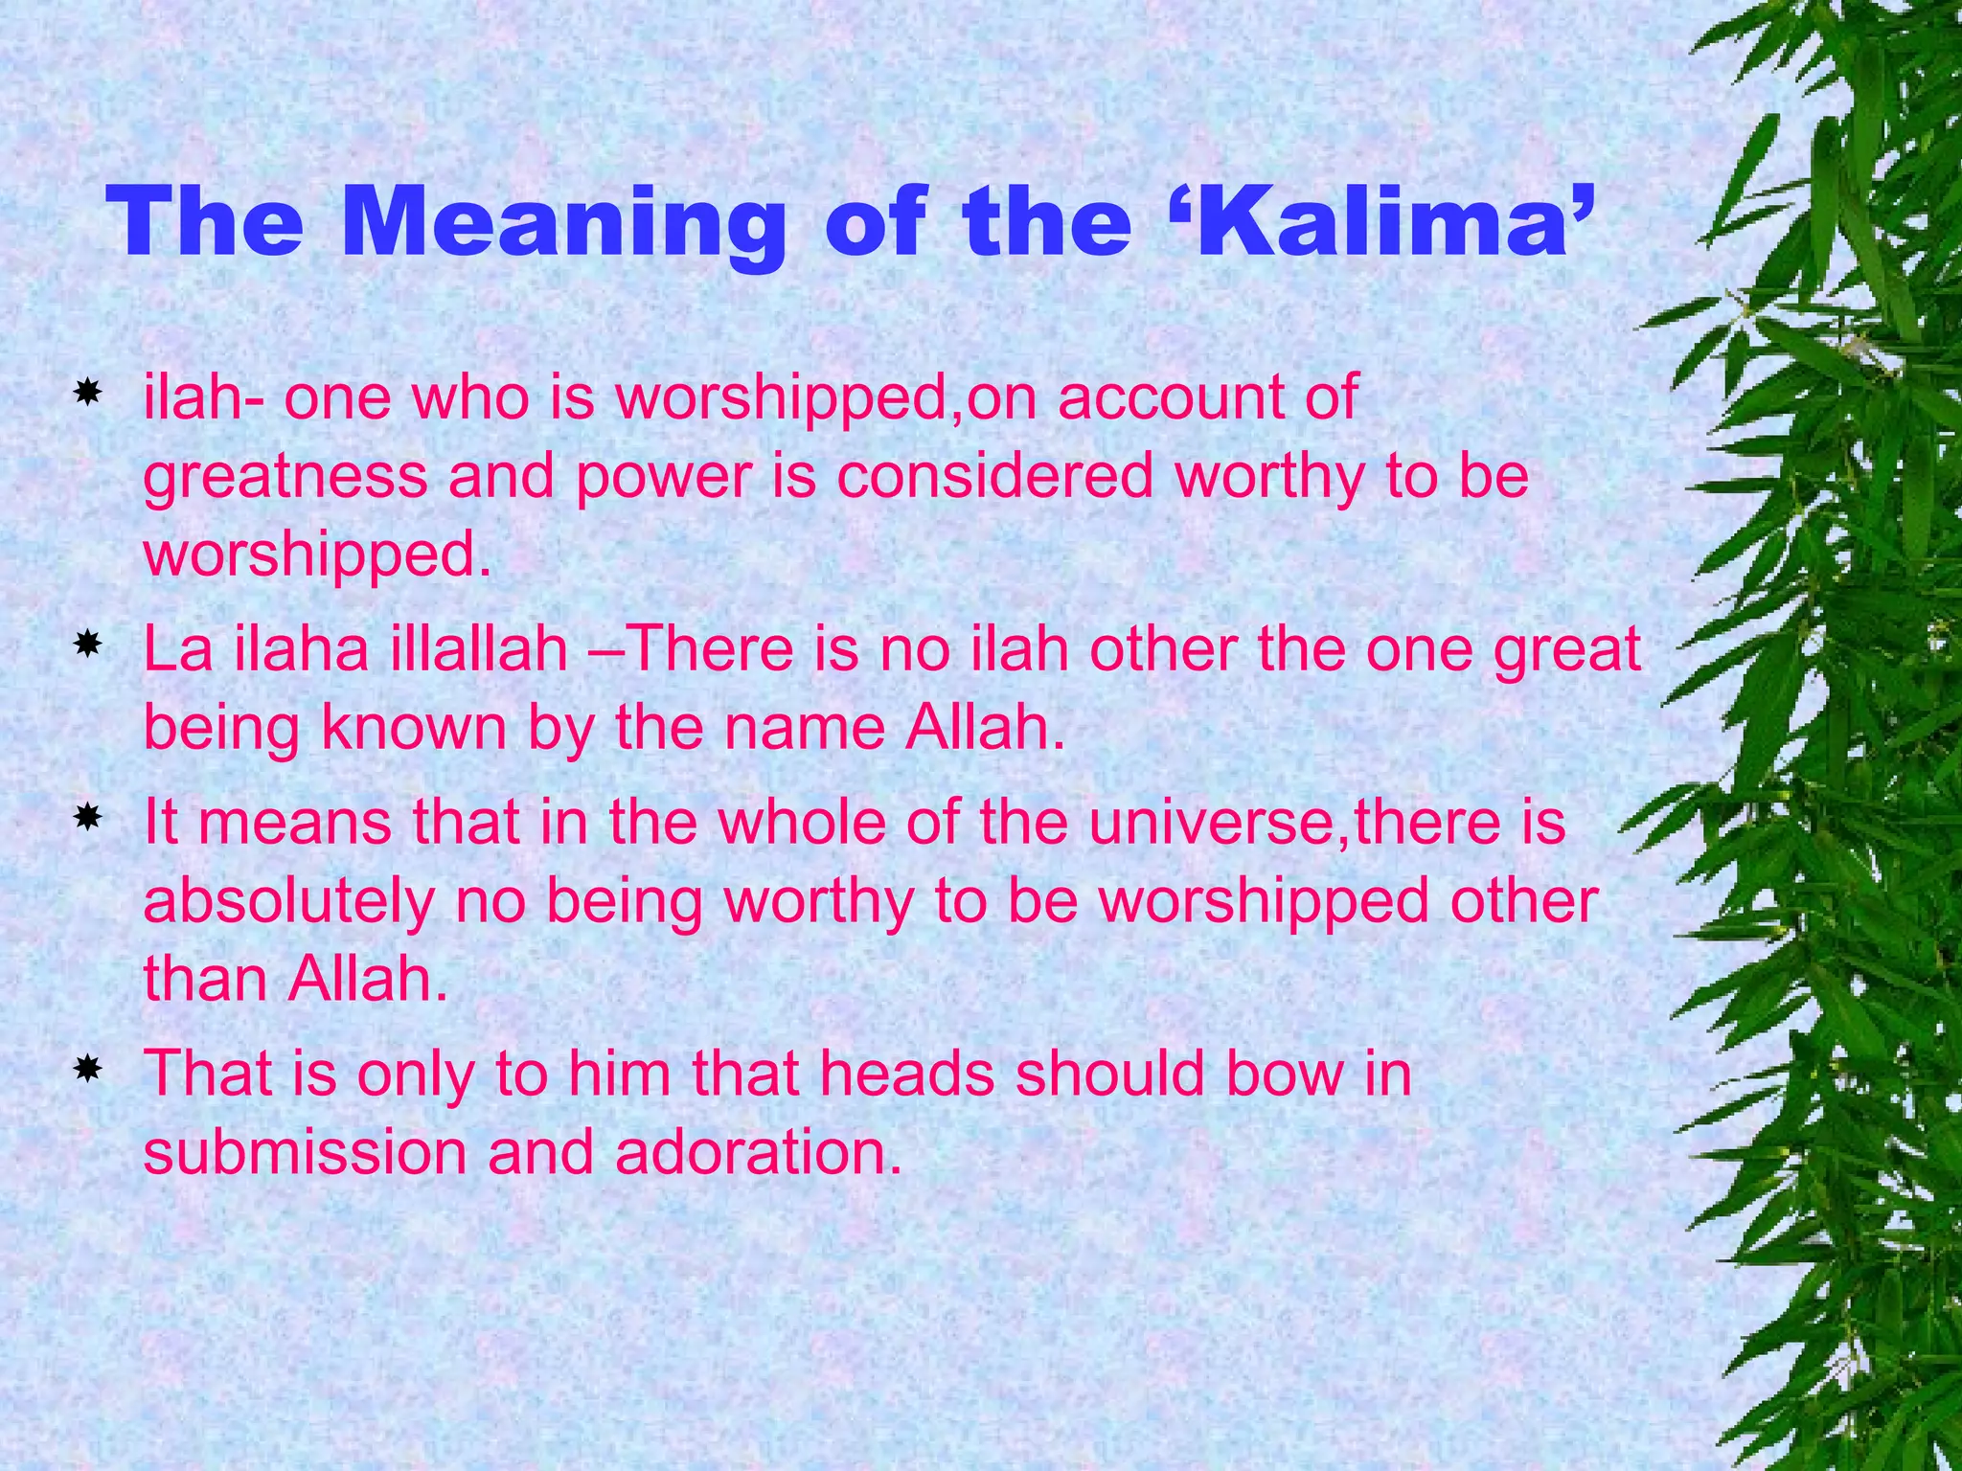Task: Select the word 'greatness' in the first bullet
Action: (x=285, y=476)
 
